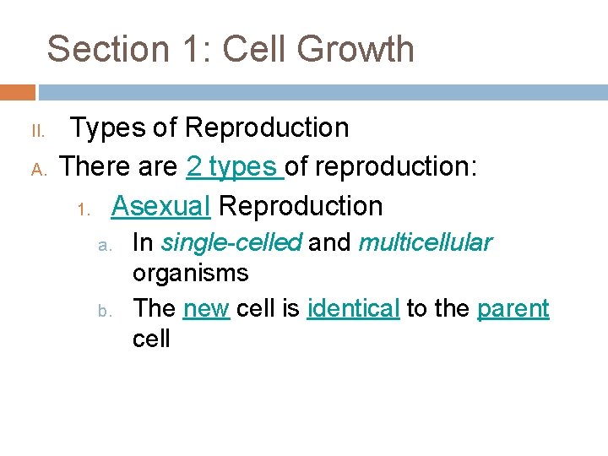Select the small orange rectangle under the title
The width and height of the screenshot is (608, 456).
17,92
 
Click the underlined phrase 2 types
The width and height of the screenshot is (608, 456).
234,167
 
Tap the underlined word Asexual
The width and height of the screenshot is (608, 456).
160,205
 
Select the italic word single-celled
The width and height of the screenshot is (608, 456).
231,243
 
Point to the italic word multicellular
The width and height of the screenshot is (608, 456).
425,243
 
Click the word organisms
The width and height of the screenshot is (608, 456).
190,274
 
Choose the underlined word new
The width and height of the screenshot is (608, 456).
206,308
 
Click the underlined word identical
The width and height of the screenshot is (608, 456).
353,308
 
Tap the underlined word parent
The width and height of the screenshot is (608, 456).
513,309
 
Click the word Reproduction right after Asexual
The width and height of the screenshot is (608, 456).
301,205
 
